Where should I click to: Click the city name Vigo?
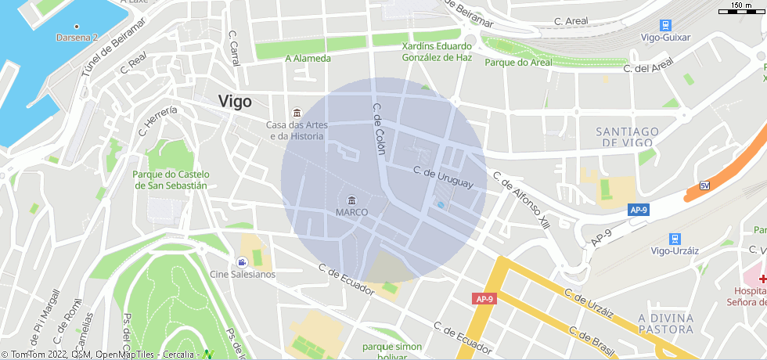tap(235, 101)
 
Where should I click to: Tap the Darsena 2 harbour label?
tap(77, 37)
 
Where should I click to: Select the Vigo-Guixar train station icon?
tap(665, 26)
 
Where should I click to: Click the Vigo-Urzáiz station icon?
tap(675, 238)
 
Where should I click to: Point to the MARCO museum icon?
tap(351, 200)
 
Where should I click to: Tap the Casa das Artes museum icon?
tap(295, 113)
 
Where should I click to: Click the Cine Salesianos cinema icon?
tap(242, 261)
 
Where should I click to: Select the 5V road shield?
tap(704, 185)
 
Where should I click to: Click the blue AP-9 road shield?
tap(639, 210)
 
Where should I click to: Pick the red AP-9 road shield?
tap(484, 299)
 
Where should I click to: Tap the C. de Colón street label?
tap(380, 128)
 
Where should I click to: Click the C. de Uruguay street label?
tap(444, 177)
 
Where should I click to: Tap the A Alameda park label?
tap(308, 58)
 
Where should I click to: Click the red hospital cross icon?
tap(762, 278)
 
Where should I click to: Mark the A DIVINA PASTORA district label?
tap(665, 323)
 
